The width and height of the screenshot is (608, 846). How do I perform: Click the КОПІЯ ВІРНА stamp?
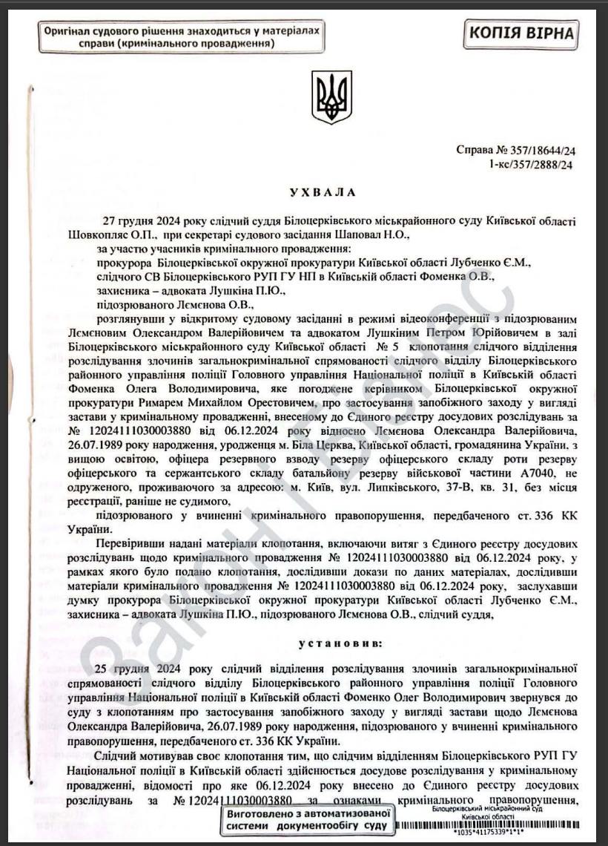521,33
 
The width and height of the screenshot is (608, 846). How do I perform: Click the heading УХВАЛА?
323,192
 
